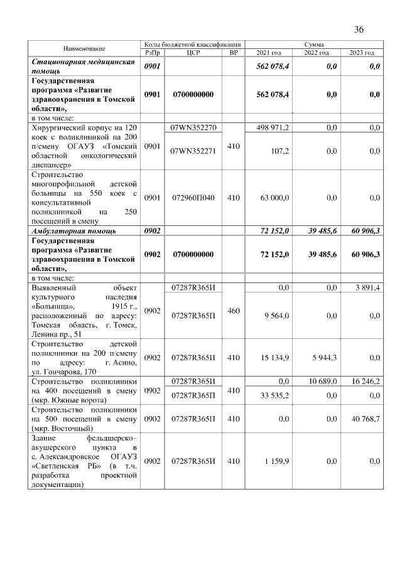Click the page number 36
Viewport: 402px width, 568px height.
pyautogui.click(x=359, y=29)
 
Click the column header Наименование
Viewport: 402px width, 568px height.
pyautogui.click(x=84, y=48)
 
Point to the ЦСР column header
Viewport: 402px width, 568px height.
pyautogui.click(x=193, y=53)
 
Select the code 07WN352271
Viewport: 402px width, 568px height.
pyautogui.click(x=193, y=151)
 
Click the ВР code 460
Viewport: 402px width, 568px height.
pyautogui.click(x=234, y=309)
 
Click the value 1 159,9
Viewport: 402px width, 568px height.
pyautogui.click(x=276, y=461)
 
